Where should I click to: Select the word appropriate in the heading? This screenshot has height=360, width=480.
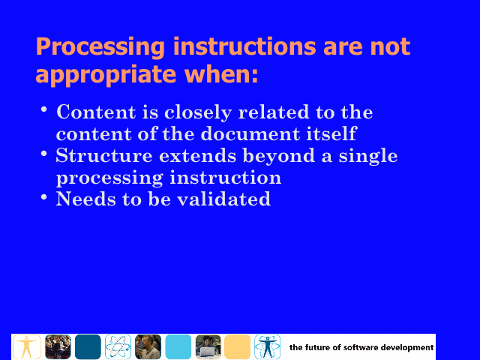pos(106,75)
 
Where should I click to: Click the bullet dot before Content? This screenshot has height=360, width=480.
pos(44,109)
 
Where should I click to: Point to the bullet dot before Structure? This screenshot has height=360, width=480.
pos(44,153)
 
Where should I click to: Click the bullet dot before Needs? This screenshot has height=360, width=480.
pos(44,196)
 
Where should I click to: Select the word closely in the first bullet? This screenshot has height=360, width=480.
pos(198,112)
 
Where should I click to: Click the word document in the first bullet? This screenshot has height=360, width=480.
pos(250,133)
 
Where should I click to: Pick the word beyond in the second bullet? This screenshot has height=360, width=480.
pos(278,156)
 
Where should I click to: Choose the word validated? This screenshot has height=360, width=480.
pos(224,199)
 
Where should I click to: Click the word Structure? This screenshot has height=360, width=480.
pos(104,155)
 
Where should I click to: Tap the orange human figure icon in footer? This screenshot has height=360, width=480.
pos(27,346)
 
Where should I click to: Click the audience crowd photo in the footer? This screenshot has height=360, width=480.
pos(58,346)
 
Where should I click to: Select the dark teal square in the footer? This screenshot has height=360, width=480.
pos(88,346)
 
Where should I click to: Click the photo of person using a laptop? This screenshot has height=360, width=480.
pos(208,346)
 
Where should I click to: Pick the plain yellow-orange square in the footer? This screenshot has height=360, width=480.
pos(237,346)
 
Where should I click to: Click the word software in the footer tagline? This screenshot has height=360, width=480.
pos(360,347)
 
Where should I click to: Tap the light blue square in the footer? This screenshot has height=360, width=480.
pos(178,346)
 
